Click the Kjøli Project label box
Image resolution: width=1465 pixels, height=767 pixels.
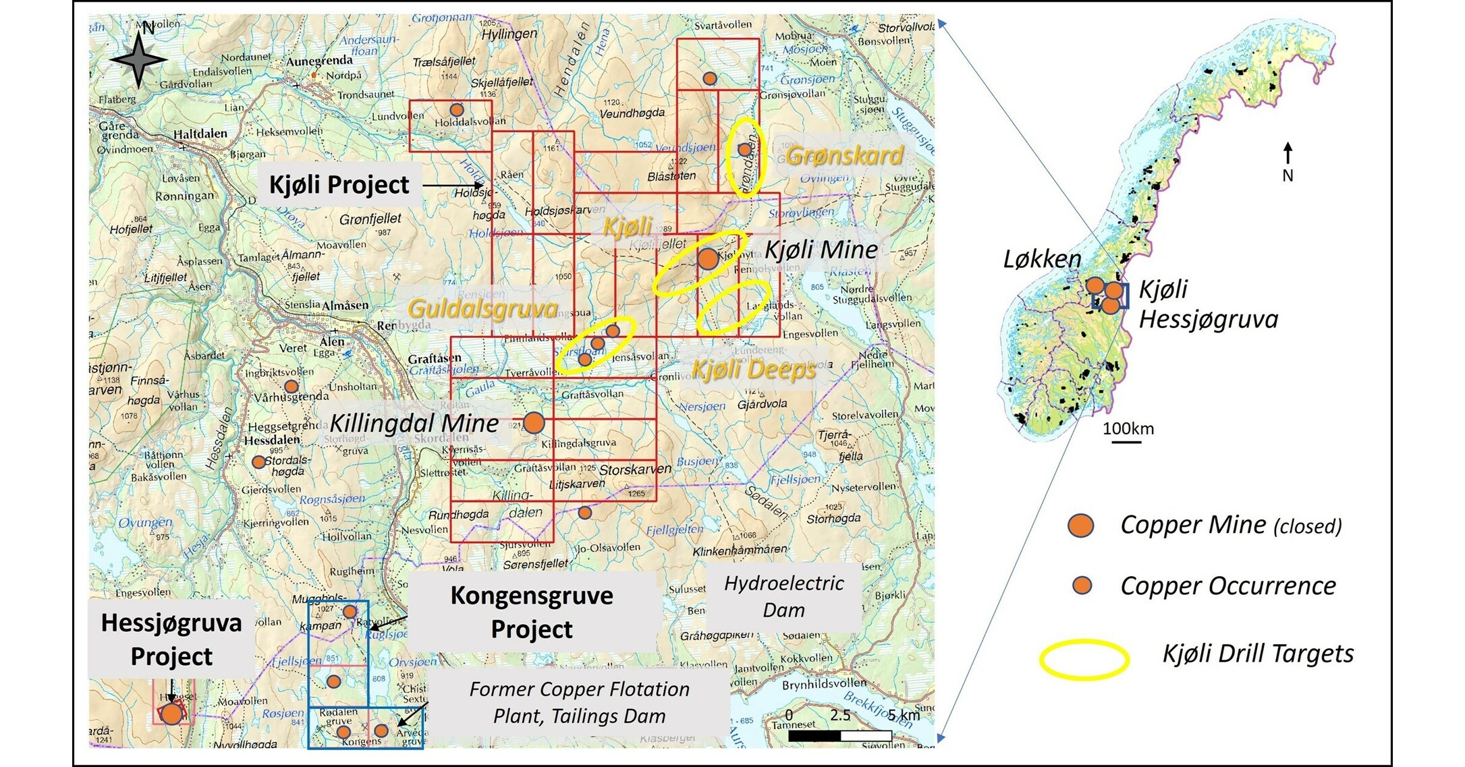[339, 185]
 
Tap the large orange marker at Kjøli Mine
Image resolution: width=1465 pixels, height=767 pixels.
[707, 258]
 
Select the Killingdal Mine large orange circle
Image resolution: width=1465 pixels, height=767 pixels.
[534, 423]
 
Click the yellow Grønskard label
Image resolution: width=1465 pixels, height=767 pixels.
[844, 156]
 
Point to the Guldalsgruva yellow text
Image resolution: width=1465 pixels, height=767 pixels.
[483, 309]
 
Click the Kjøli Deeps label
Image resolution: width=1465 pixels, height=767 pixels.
[754, 370]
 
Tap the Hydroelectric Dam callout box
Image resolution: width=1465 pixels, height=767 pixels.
[783, 596]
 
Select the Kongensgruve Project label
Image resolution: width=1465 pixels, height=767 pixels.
[532, 612]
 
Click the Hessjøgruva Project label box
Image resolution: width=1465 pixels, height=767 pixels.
[171, 639]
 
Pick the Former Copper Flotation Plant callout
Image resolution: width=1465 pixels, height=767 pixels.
[579, 702]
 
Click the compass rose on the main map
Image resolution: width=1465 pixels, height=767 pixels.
[138, 59]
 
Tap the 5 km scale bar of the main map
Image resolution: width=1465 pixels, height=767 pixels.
[840, 736]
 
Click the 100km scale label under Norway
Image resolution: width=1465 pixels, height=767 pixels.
[1128, 428]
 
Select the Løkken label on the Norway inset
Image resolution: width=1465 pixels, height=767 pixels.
[1042, 259]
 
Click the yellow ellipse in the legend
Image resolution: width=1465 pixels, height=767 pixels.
[1084, 659]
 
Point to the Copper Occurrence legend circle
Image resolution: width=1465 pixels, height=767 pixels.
[1082, 585]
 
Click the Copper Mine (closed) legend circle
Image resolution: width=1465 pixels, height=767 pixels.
[1081, 525]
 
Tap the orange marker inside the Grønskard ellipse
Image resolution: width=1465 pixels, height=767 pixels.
[744, 149]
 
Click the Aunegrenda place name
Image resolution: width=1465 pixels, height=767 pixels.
[319, 61]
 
